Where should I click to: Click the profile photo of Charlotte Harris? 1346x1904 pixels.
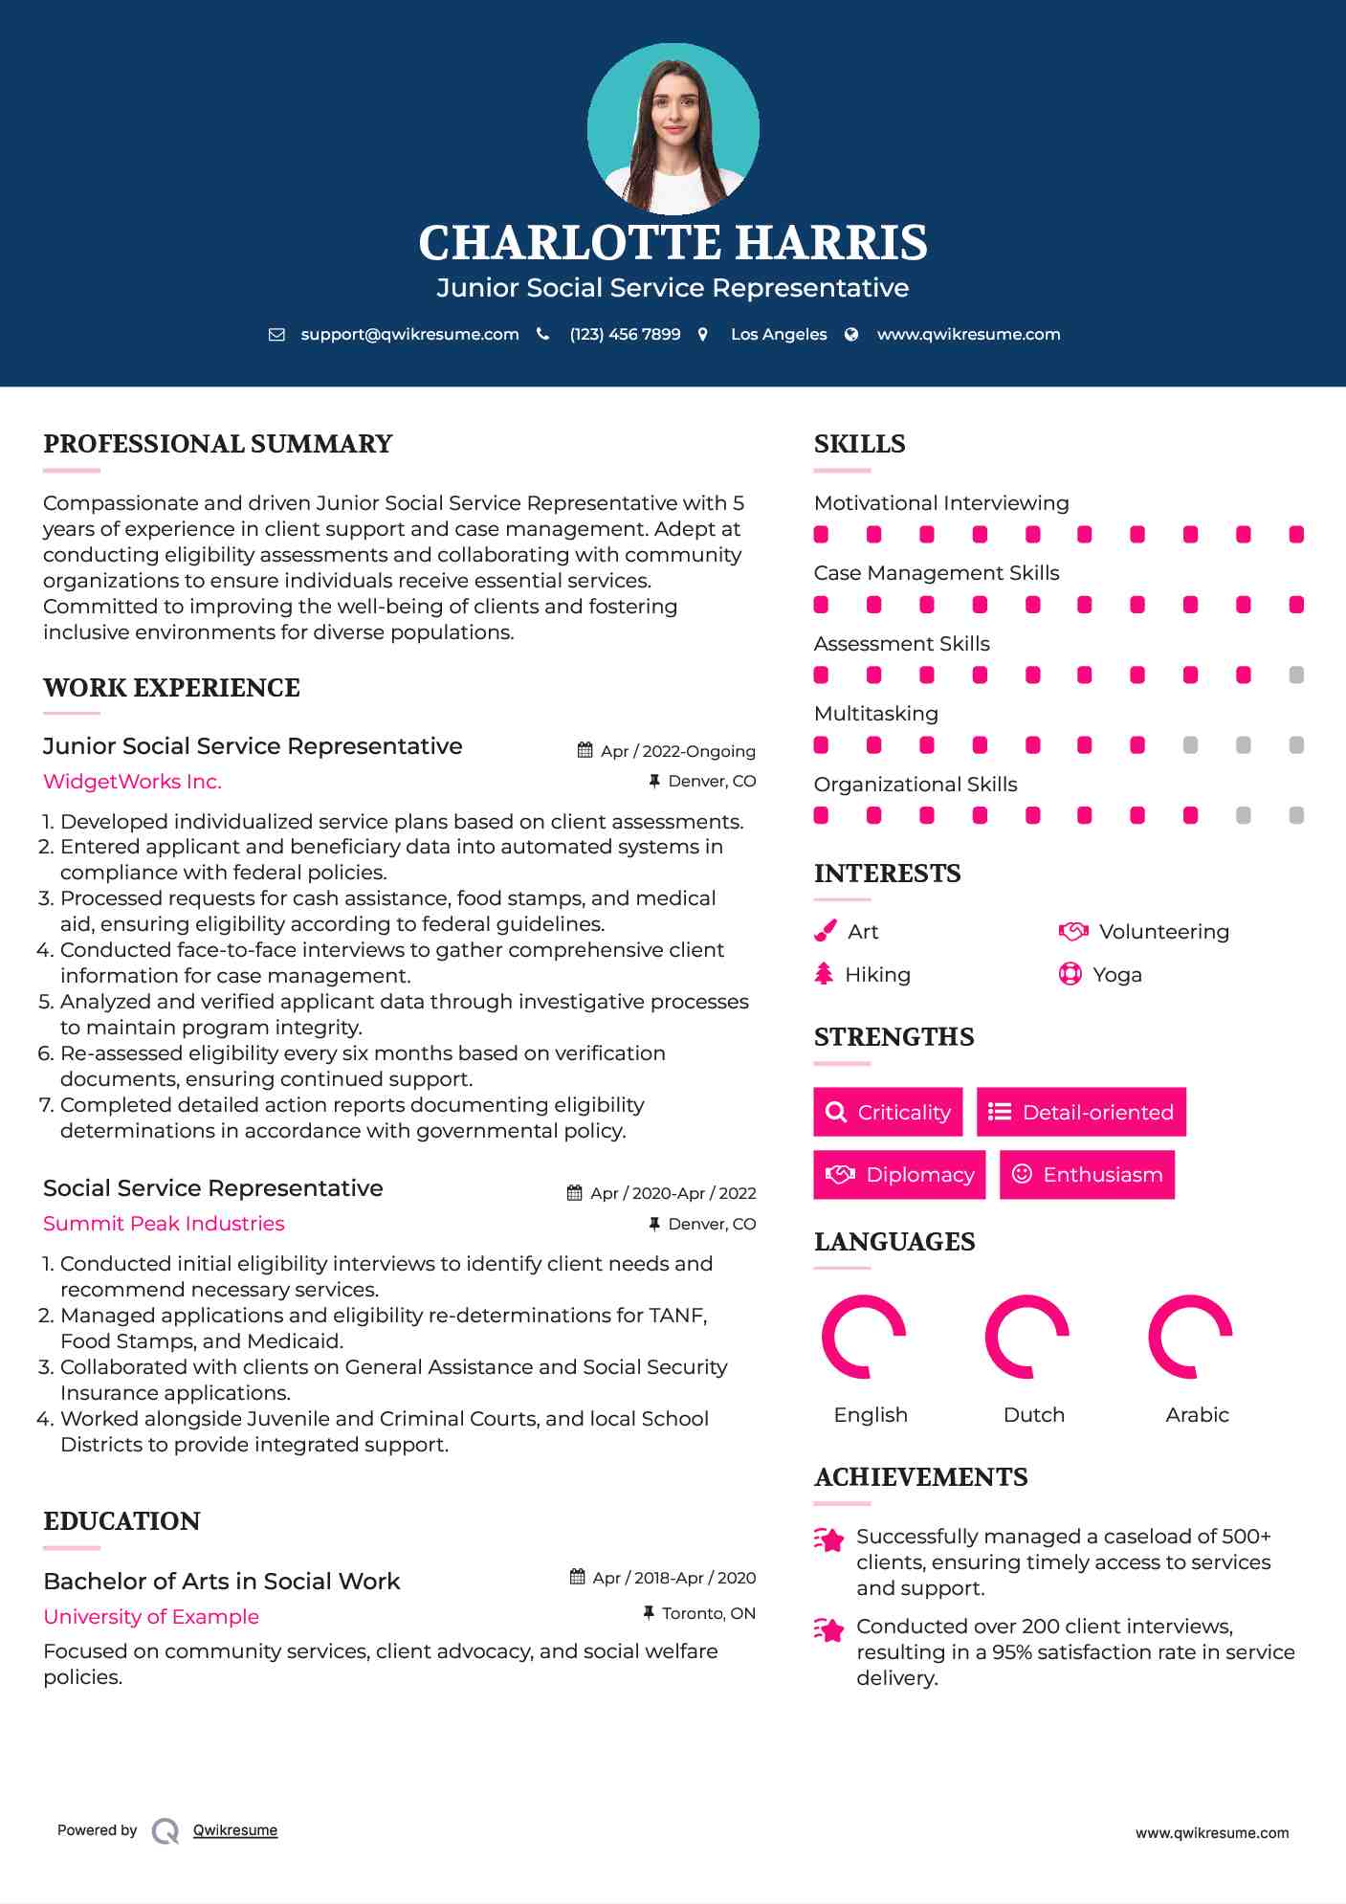tap(673, 128)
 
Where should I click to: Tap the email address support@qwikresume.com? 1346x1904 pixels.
tap(409, 334)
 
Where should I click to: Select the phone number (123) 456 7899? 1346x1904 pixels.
tap(625, 334)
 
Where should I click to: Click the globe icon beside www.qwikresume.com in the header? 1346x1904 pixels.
tap(851, 334)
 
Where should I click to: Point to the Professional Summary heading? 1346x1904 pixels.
tap(218, 444)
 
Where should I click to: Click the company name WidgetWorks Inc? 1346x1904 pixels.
tap(132, 782)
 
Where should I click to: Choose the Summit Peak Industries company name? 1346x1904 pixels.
tap(164, 1224)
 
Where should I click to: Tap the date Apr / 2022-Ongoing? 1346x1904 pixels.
tap(677, 751)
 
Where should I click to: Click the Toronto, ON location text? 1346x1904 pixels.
tap(708, 1613)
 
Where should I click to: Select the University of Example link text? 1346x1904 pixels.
tap(151, 1617)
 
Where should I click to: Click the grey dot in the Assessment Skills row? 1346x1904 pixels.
tap(1296, 675)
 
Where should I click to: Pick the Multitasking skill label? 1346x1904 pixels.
tap(875, 714)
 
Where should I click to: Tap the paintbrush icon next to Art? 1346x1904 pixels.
tap(825, 931)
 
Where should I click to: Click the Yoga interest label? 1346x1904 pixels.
tap(1117, 975)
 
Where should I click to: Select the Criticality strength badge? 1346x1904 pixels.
tap(888, 1112)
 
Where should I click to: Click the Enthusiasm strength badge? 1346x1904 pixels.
tap(1087, 1174)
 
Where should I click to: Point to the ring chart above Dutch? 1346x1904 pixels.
tap(1026, 1337)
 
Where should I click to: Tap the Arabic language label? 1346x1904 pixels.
tap(1197, 1415)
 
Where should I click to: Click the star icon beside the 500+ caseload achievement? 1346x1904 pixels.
tap(829, 1539)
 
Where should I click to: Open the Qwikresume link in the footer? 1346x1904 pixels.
tap(235, 1830)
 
